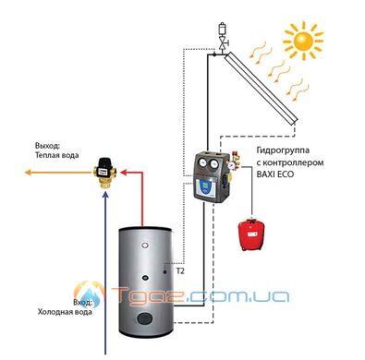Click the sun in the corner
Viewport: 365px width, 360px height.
pos(303,41)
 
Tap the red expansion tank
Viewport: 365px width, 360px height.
pos(251,234)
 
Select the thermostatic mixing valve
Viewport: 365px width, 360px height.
pos(104,173)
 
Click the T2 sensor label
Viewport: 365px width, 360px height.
pos(180,271)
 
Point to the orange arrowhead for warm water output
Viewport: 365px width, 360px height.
pos(28,173)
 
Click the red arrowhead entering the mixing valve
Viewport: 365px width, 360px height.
pos(124,173)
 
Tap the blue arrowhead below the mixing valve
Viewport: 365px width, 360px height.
pos(105,196)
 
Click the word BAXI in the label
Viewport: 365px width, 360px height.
pos(266,174)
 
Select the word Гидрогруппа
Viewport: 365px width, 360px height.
pos(283,150)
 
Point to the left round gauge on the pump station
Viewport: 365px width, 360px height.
pos(202,163)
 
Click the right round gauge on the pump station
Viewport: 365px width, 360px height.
pos(214,164)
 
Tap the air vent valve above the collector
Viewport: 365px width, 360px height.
pos(223,36)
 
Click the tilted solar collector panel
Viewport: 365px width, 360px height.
pos(261,88)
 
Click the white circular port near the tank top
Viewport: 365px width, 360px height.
pos(144,246)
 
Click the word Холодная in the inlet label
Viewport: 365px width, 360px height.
pos(55,312)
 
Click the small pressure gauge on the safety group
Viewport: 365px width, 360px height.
pos(231,165)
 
